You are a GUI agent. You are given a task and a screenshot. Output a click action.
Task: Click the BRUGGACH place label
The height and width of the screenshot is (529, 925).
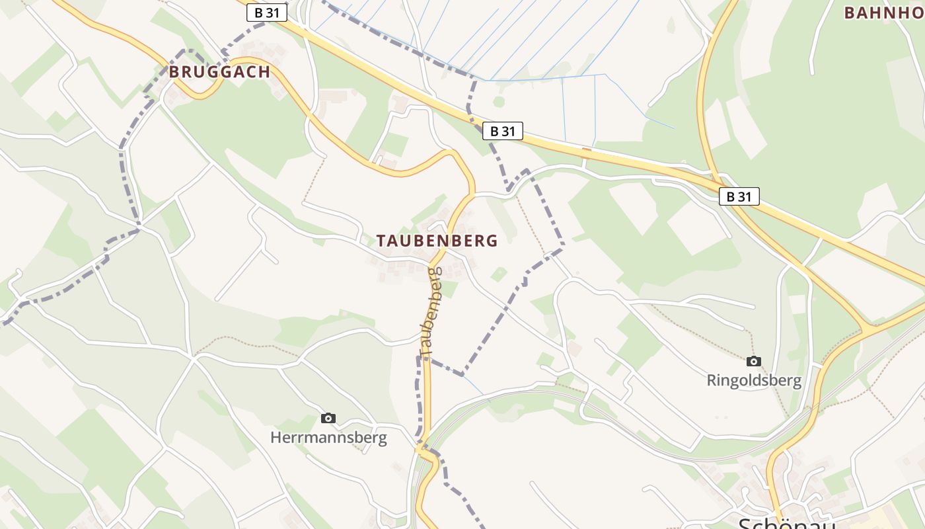click(219, 72)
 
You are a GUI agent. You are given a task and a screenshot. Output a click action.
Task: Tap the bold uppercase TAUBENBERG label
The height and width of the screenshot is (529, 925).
click(437, 241)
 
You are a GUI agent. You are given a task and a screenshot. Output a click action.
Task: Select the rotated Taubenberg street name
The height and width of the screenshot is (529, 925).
click(430, 313)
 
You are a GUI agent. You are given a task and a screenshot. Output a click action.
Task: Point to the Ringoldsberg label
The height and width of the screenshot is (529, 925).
click(754, 381)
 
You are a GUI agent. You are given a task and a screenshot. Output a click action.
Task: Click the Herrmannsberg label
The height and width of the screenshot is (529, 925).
click(328, 438)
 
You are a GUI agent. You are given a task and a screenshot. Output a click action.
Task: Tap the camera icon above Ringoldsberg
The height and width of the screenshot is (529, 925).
click(753, 361)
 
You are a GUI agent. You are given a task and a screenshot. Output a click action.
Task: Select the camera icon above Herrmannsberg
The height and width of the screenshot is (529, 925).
click(328, 418)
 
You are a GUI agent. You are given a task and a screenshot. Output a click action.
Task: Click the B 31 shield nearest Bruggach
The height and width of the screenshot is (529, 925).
click(266, 13)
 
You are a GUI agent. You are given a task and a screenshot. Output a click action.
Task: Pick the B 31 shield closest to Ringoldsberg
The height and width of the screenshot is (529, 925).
click(739, 196)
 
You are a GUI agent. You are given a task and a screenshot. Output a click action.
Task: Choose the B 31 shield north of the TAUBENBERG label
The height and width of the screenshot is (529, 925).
click(503, 131)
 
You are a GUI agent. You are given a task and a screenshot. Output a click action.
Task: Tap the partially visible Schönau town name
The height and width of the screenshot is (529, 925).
click(786, 524)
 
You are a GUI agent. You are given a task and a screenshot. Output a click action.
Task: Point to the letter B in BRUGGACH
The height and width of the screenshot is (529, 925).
click(174, 72)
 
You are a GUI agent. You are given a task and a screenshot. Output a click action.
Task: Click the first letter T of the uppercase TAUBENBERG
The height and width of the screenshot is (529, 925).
click(381, 241)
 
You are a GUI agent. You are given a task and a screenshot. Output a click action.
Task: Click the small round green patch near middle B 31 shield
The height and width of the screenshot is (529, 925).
click(498, 101)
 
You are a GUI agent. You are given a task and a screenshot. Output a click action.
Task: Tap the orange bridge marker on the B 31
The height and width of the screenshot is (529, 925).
click(585, 150)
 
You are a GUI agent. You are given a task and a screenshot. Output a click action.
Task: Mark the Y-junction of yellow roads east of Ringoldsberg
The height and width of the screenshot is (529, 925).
click(864, 327)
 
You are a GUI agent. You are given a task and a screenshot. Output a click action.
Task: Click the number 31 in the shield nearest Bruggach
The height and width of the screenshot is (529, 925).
click(272, 13)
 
